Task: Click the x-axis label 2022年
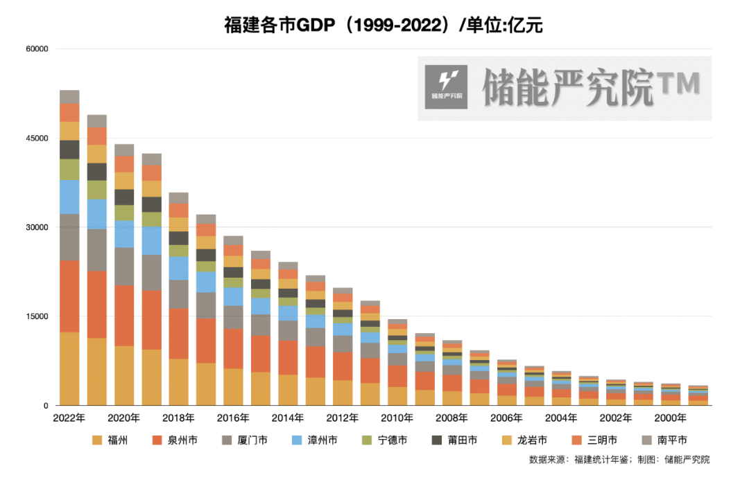pyautogui.click(x=69, y=418)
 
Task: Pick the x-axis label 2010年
pyautogui.click(x=397, y=418)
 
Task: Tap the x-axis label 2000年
pyautogui.click(x=670, y=418)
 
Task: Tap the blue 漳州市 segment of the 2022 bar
pyautogui.click(x=69, y=197)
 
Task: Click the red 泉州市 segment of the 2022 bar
pyautogui.click(x=69, y=296)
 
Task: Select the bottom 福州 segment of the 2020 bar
pyautogui.click(x=124, y=375)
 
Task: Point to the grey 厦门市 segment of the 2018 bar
pyautogui.click(x=178, y=294)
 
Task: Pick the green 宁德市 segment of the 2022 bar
pyautogui.click(x=69, y=169)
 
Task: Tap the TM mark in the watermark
pyautogui.click(x=678, y=84)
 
